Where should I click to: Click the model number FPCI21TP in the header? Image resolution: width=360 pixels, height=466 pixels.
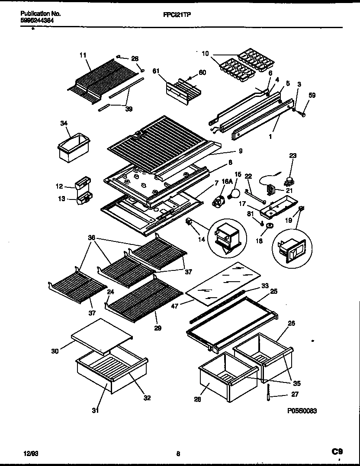178,14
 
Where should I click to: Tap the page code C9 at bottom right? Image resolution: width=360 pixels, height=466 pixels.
337,452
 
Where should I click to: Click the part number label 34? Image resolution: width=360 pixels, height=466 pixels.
64,123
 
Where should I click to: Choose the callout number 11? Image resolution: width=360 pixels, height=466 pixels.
83,55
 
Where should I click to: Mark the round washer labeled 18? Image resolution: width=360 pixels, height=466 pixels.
270,226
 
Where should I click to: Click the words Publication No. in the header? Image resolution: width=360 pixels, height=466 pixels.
40,14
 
